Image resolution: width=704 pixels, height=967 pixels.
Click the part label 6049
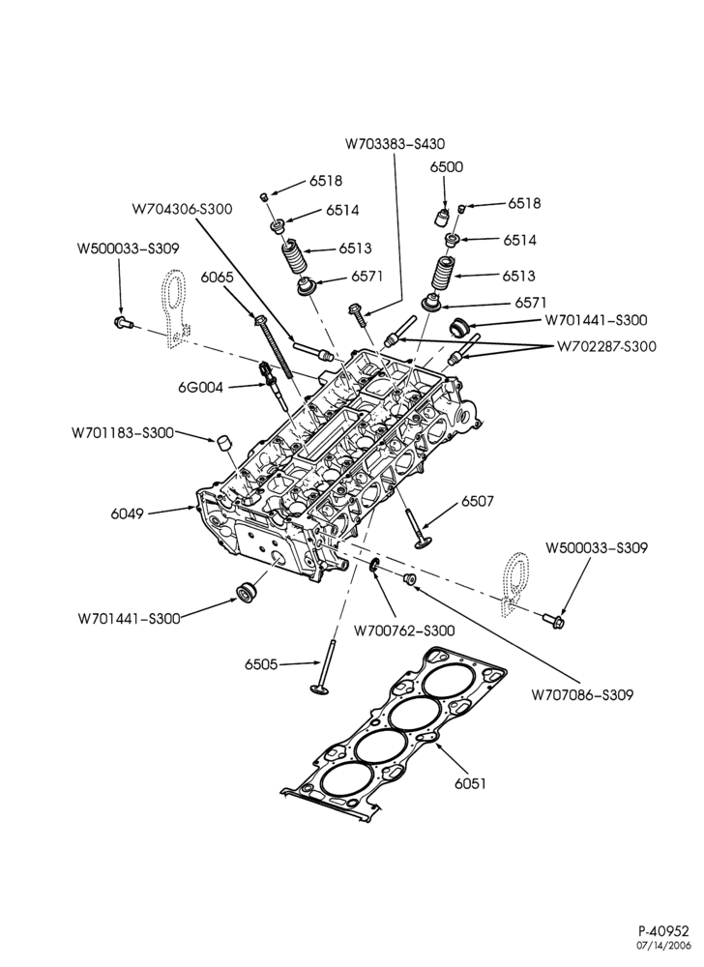127,513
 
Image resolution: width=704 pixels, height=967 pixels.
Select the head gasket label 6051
470,783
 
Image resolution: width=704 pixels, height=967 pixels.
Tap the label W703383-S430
395,144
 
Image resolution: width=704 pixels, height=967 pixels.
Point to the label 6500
447,166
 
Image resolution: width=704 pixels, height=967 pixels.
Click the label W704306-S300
183,209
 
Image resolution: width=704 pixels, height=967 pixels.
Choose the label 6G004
200,388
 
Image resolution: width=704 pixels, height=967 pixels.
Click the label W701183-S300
123,433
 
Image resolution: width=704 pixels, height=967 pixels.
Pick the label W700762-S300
404,630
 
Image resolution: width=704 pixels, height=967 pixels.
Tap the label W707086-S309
582,695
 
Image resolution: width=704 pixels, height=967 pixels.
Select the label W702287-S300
606,346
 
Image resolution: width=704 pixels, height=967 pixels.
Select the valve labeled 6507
415,525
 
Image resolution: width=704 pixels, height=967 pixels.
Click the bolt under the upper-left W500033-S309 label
122,321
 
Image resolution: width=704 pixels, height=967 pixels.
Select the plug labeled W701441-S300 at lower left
248,590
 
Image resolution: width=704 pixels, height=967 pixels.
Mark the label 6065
218,277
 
